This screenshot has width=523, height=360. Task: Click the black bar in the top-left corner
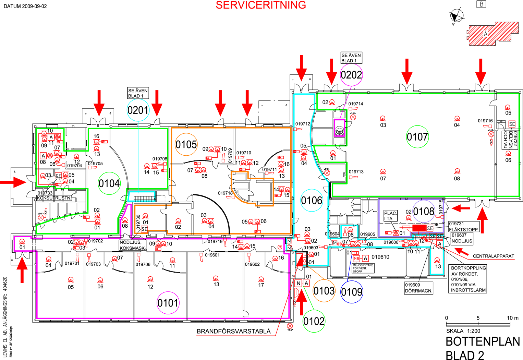(25, 6)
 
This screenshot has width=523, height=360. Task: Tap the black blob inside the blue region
(352, 292)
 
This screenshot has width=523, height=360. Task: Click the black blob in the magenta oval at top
(351, 74)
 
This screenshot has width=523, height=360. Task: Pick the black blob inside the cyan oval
(138, 110)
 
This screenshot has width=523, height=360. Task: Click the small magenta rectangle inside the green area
(339, 128)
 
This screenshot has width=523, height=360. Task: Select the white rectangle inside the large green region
(394, 188)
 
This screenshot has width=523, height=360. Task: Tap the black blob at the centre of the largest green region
(417, 136)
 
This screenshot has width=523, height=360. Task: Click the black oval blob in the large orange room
(186, 145)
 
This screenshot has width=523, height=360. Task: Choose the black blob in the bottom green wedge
(314, 321)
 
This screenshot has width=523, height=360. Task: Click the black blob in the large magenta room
(168, 303)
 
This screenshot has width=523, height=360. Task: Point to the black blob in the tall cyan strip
(311, 200)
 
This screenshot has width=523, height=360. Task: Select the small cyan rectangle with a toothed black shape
(142, 197)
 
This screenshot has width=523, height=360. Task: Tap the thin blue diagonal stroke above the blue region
(350, 266)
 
